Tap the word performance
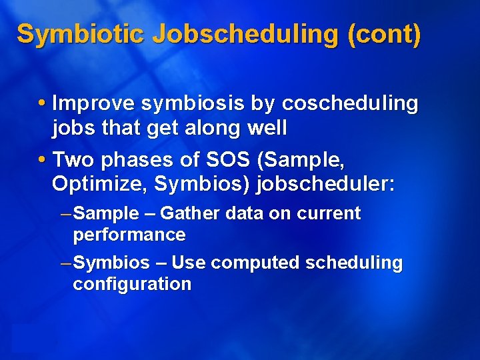129,235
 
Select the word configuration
131,285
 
